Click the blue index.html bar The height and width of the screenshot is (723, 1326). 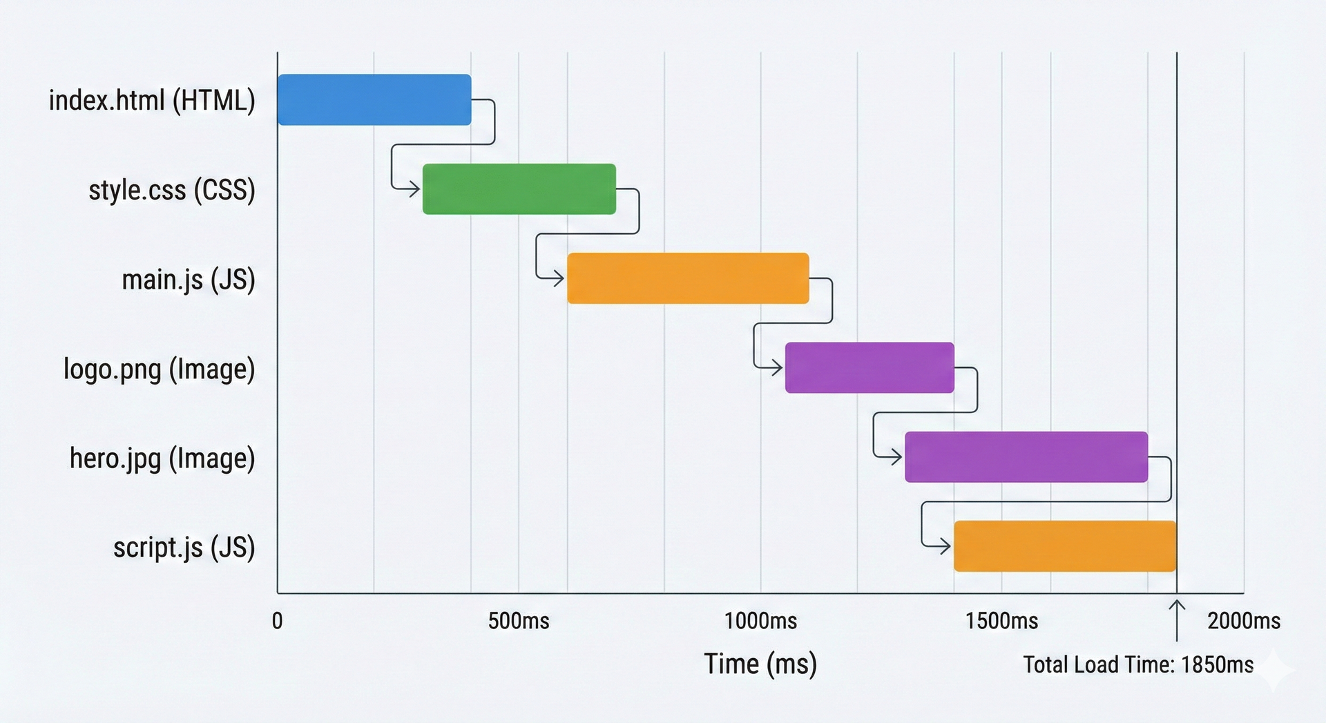click(374, 99)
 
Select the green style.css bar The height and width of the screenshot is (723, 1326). click(519, 189)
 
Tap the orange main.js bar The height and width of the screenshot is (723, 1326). click(688, 278)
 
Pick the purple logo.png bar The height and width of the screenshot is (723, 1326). click(869, 367)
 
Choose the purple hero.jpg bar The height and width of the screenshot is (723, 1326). click(1026, 456)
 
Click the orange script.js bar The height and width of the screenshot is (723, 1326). click(1064, 546)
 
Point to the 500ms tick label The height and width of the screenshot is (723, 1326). click(519, 621)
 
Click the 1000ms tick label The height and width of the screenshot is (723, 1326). click(760, 621)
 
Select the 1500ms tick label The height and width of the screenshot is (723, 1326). click(1001, 621)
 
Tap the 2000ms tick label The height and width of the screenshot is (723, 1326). click(1244, 621)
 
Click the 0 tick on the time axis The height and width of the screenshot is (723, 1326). click(277, 621)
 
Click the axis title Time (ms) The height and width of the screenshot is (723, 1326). click(760, 664)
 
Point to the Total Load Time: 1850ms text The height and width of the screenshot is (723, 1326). click(1138, 664)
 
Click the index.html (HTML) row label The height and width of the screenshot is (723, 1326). click(152, 101)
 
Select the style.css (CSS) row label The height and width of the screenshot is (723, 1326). click(172, 190)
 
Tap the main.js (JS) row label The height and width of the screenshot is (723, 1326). click(189, 280)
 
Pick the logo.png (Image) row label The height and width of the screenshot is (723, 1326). click(160, 369)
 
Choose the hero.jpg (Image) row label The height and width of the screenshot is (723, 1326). click(162, 459)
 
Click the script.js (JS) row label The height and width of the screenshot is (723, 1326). click(184, 548)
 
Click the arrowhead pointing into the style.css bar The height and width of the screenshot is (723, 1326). click(414, 189)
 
